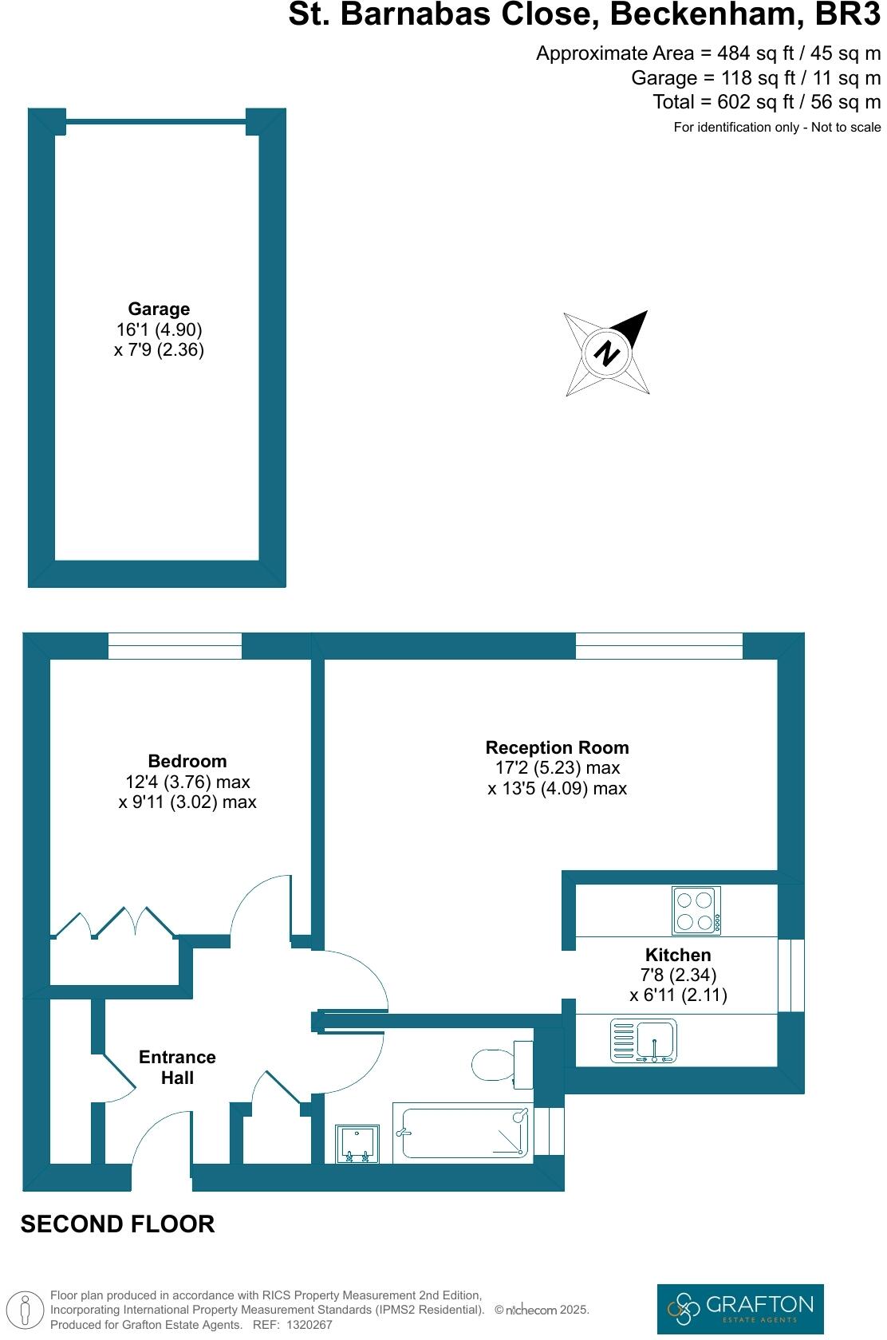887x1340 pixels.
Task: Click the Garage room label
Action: coord(159,309)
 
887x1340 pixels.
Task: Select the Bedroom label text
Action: coord(187,761)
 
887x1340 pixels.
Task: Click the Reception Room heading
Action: coord(557,747)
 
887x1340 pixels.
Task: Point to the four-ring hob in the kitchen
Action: coord(696,911)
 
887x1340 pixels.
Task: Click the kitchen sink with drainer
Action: coord(643,1040)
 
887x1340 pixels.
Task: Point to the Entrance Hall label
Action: coord(177,1067)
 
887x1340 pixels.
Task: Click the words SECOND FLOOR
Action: coord(117,1224)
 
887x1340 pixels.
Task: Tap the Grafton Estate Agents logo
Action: coord(739,1308)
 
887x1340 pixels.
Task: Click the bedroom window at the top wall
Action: coord(175,646)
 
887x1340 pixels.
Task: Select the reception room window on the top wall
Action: coord(658,646)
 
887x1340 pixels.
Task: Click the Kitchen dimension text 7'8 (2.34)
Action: coord(678,975)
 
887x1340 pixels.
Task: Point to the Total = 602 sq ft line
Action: coord(766,102)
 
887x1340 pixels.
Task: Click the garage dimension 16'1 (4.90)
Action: coord(159,329)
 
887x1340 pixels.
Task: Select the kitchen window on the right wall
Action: coord(791,975)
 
